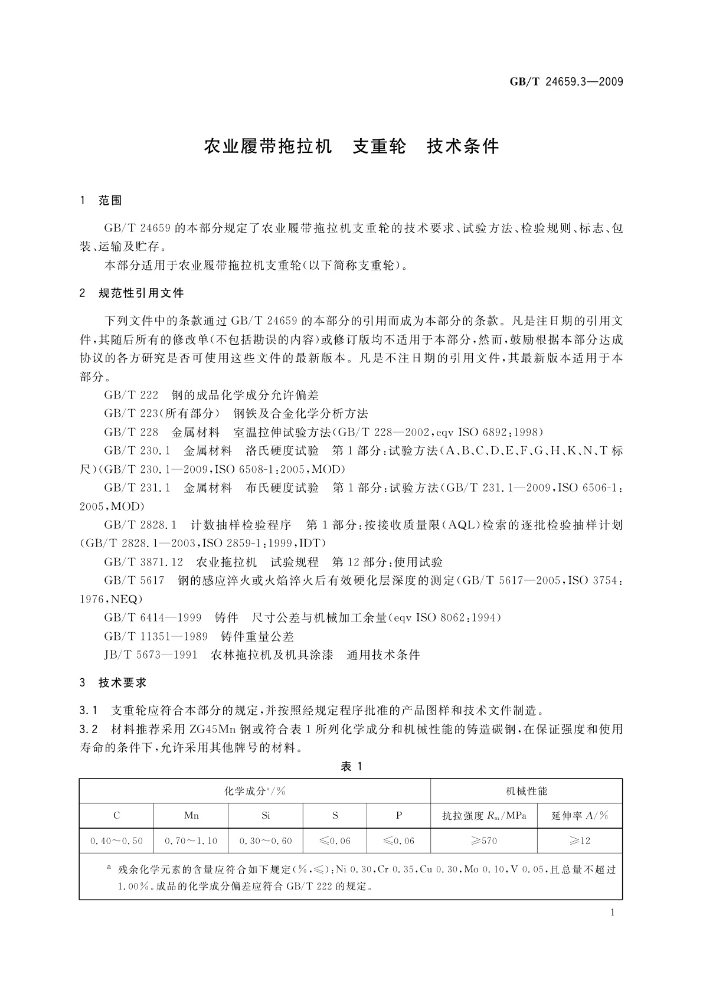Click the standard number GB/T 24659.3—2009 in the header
coord(566,82)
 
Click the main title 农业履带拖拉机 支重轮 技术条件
coord(351,147)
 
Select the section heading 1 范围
coord(101,201)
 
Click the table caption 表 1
coord(351,766)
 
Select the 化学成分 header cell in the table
coord(255,791)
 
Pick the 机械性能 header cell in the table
coord(527,791)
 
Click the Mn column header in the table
coord(191,815)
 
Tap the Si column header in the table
coord(266,815)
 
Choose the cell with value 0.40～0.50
coord(116,841)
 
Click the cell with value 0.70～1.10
coord(191,841)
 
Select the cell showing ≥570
coord(484,841)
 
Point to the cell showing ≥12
coord(580,841)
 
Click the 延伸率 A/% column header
coord(580,815)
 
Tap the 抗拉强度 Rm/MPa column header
coord(484,815)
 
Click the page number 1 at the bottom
coord(612,913)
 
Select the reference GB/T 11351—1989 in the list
coord(156,636)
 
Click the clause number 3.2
coord(88,729)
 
